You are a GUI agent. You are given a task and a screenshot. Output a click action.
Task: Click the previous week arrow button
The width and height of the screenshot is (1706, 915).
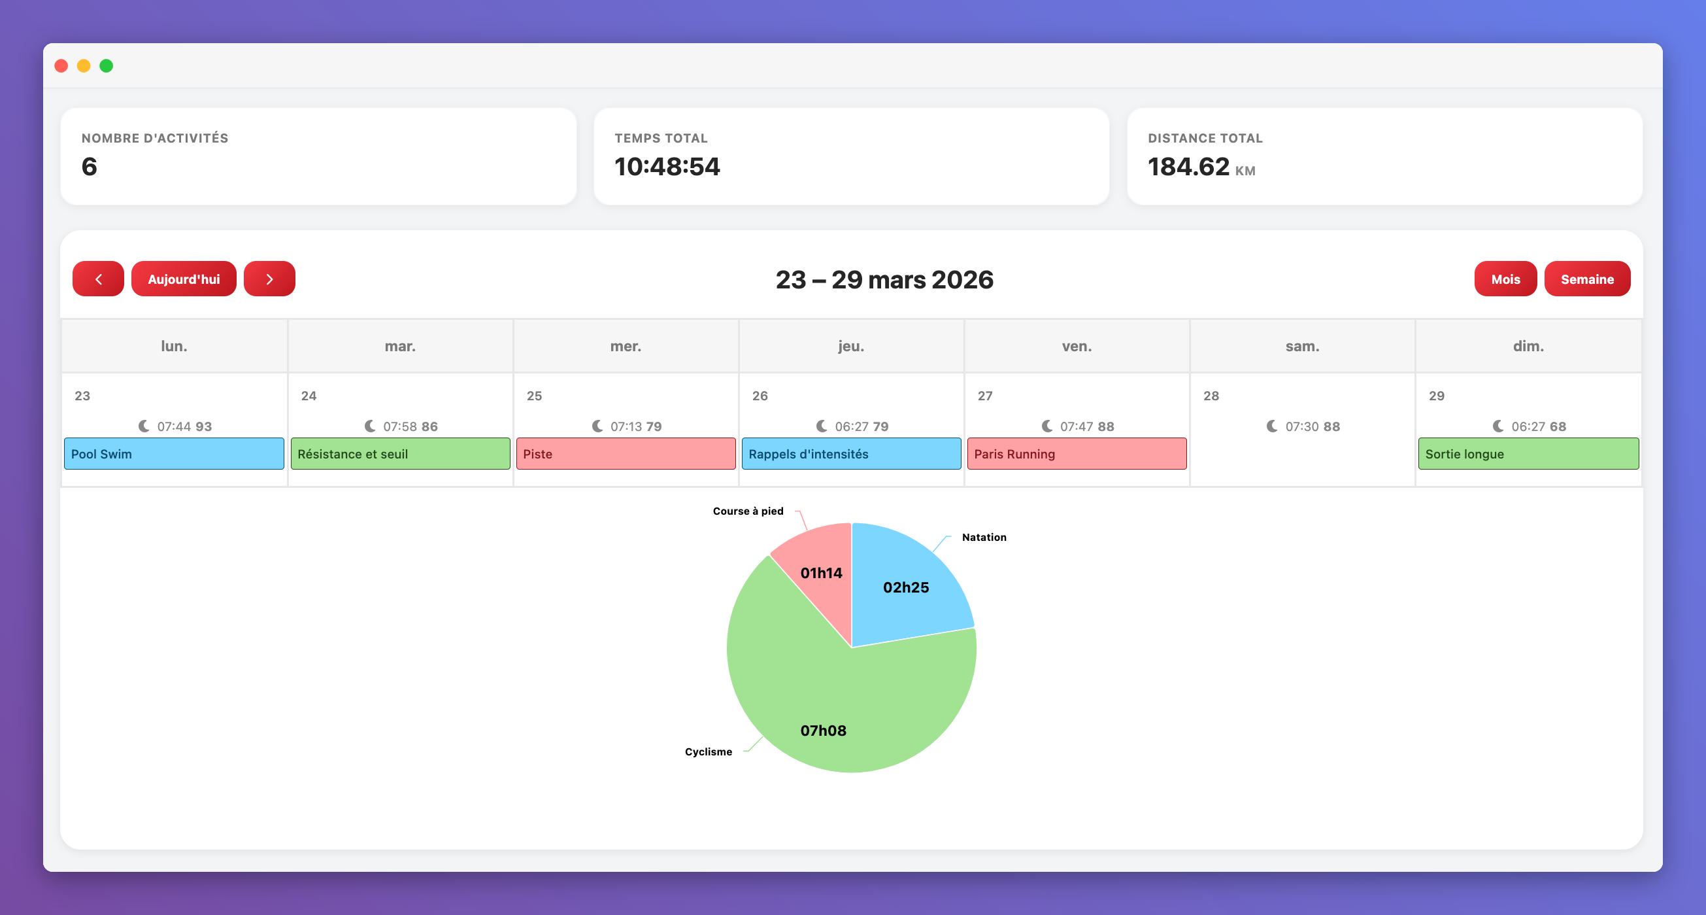(98, 279)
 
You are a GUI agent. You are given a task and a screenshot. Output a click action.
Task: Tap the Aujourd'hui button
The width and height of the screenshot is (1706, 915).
(184, 279)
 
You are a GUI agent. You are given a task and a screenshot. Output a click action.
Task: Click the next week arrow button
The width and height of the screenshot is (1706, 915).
(269, 279)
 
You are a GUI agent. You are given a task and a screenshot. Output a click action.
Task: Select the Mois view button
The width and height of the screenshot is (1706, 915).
(1505, 279)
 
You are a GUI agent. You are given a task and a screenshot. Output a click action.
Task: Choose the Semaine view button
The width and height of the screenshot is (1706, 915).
(1587, 279)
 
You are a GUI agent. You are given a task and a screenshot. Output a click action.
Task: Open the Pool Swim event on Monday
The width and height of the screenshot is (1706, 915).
(174, 454)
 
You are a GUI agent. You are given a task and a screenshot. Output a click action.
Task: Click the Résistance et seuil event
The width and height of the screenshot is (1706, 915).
(400, 454)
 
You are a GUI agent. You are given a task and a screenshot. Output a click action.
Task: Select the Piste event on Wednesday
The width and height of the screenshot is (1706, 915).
(626, 454)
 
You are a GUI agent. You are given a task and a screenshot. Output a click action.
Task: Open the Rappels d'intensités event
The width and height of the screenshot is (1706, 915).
(851, 454)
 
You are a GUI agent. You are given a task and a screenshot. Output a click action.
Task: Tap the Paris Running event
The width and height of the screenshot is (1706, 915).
(1077, 454)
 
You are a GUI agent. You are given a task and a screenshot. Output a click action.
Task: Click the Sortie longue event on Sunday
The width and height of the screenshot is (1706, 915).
(1528, 454)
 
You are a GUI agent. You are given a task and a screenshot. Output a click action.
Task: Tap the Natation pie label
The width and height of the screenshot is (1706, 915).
(984, 538)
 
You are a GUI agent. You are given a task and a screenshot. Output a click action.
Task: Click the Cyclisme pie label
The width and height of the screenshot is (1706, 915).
(709, 751)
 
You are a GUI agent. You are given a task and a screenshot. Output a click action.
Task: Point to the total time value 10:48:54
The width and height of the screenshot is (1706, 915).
(667, 166)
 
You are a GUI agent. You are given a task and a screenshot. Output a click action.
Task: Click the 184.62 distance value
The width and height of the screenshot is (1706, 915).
(1188, 166)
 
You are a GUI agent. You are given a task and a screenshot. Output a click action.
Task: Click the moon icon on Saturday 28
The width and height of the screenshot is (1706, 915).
(1271, 426)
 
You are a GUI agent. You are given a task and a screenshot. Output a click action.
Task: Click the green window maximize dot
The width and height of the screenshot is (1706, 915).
(106, 65)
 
